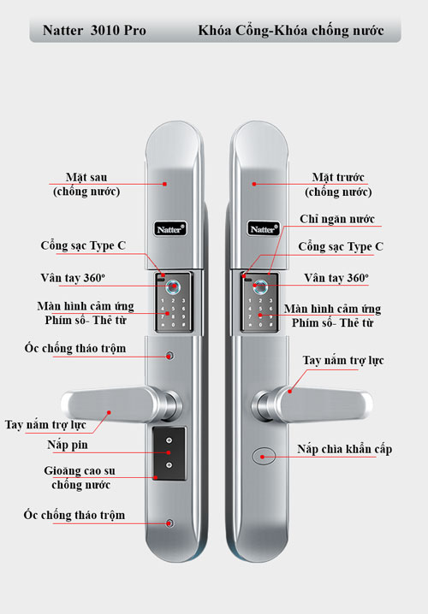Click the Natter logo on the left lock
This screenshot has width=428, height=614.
(x=169, y=229)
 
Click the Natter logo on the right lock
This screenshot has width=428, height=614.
(x=264, y=229)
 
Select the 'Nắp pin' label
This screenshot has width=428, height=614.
(x=68, y=445)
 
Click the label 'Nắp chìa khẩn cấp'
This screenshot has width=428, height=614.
(x=344, y=449)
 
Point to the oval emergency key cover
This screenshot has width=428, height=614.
(x=264, y=456)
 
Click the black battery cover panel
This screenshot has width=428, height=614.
(x=169, y=453)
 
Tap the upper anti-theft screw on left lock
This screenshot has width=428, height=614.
(x=169, y=356)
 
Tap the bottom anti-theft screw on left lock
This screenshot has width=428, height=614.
(x=169, y=523)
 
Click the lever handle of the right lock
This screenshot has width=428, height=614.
(x=312, y=404)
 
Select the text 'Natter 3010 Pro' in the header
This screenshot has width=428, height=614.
(x=94, y=31)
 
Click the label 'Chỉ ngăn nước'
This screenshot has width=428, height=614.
(x=337, y=219)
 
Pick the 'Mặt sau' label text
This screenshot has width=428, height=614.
(x=86, y=177)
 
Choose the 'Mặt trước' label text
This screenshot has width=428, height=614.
(x=338, y=177)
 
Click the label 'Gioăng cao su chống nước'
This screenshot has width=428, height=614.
(x=80, y=478)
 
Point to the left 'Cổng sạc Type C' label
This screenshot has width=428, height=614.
(x=83, y=245)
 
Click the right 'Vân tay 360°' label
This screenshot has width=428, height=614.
(x=336, y=278)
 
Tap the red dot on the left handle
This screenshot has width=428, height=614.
(x=109, y=412)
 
